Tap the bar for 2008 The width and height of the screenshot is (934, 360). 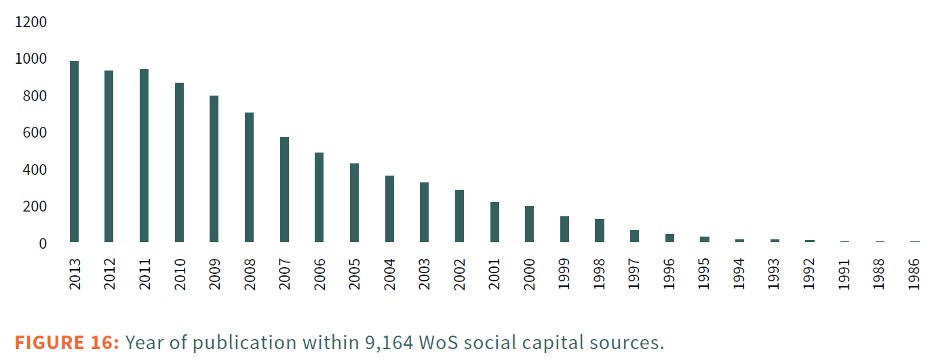pos(249,177)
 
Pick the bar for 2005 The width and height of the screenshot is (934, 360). pos(354,203)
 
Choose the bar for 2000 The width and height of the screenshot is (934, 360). pos(529,224)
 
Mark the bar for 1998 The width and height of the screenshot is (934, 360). pos(600,231)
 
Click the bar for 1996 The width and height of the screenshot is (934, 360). pos(669,238)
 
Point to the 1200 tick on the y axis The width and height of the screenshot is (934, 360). pos(32,22)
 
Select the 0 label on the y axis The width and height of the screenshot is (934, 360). pos(42,243)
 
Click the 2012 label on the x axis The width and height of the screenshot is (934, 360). pos(110,274)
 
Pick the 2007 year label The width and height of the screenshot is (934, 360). pos(285,274)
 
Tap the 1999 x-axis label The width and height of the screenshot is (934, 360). pos(565,274)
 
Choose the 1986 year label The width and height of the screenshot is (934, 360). pos(915,274)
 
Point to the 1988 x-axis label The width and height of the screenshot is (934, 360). pos(880,274)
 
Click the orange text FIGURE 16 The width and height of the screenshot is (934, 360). pos(67,343)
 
